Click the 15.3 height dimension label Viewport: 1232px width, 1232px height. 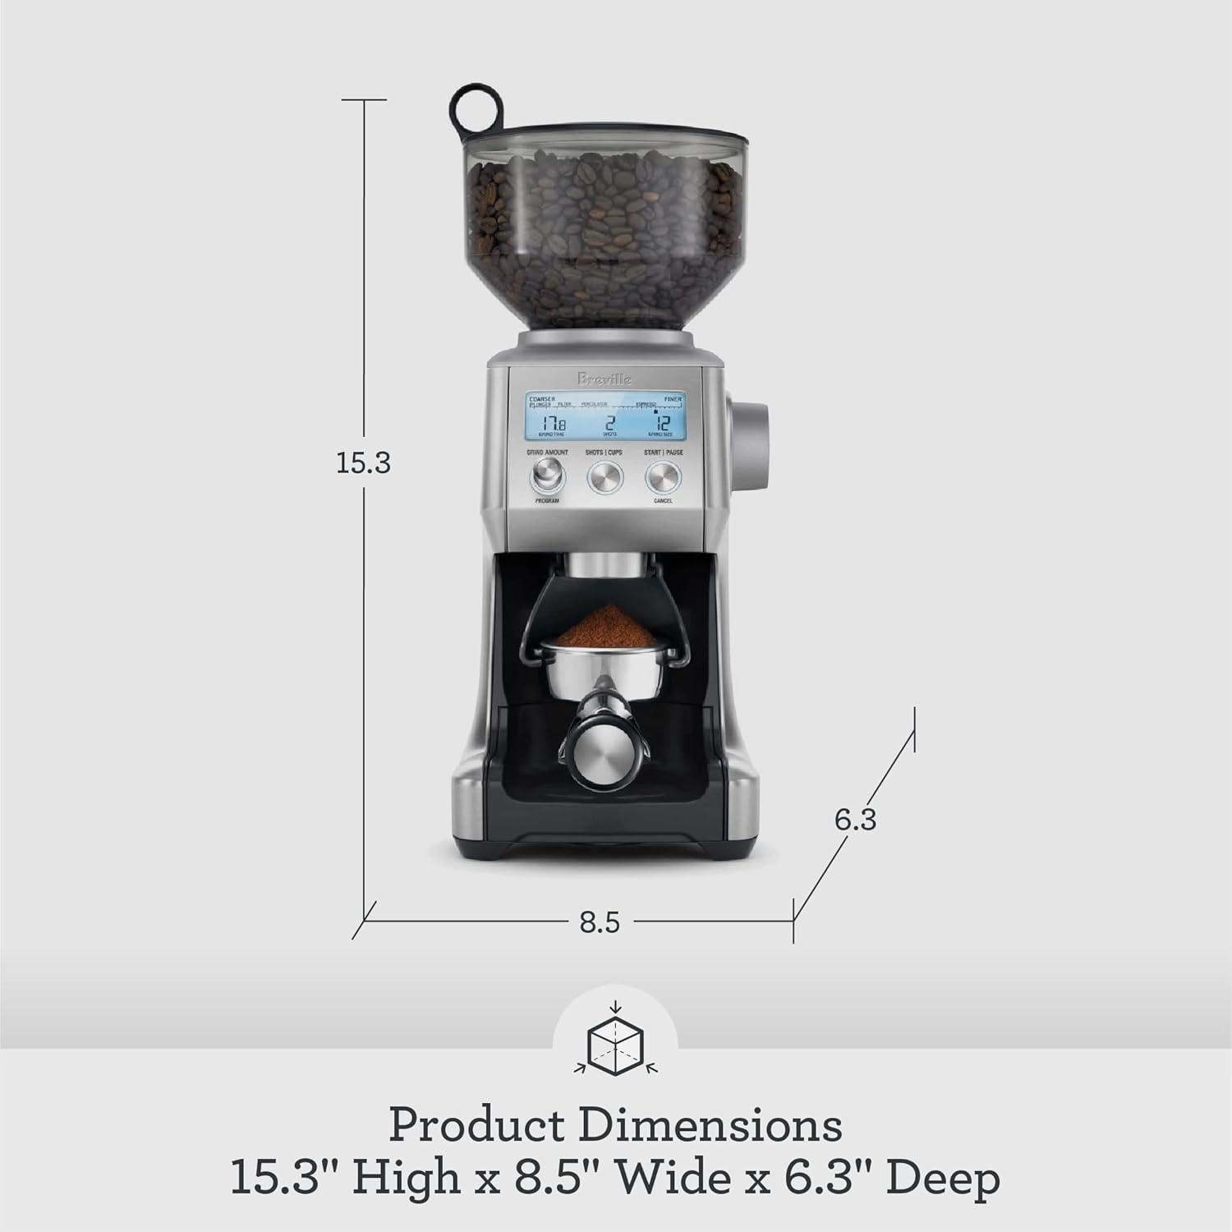click(x=363, y=463)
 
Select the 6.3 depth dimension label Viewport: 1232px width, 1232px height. click(x=855, y=819)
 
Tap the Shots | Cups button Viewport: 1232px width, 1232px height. click(x=605, y=476)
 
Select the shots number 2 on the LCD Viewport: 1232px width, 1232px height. click(x=609, y=424)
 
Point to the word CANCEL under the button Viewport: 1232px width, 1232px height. click(x=662, y=500)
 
